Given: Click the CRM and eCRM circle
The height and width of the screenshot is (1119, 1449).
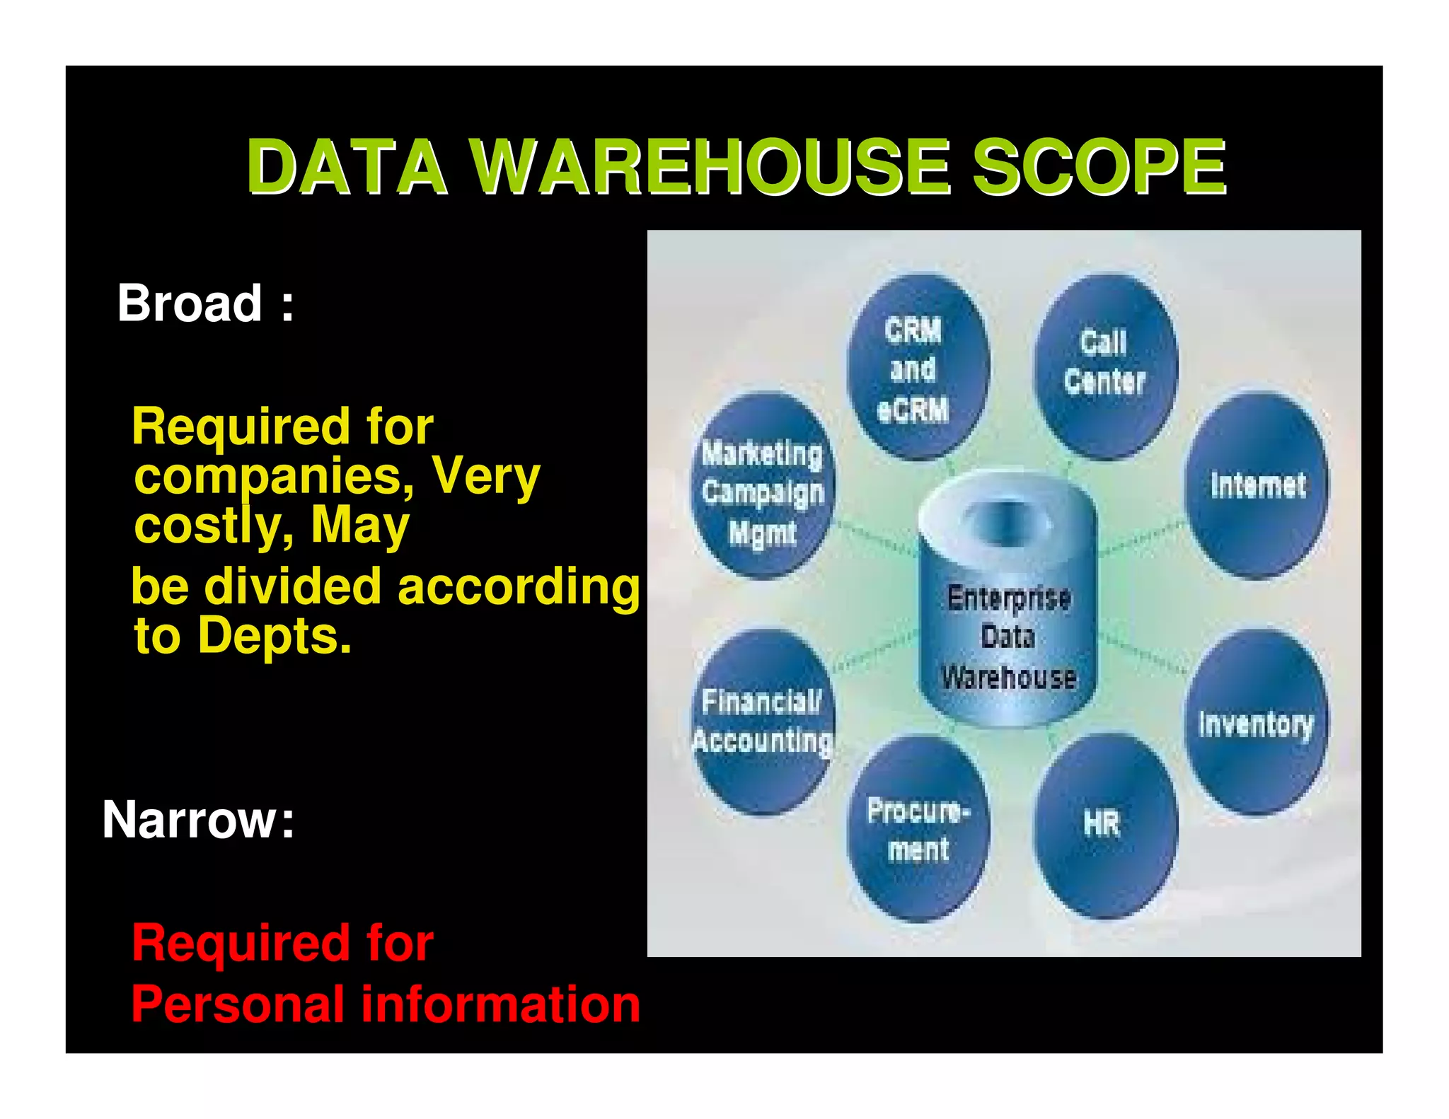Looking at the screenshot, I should coord(917,368).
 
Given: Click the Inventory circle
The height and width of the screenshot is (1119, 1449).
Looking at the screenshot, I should coord(1256,723).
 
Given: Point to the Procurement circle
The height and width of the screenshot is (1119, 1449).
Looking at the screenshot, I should coord(918,828).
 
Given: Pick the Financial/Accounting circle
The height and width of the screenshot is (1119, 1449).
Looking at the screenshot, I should coord(763,721).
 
